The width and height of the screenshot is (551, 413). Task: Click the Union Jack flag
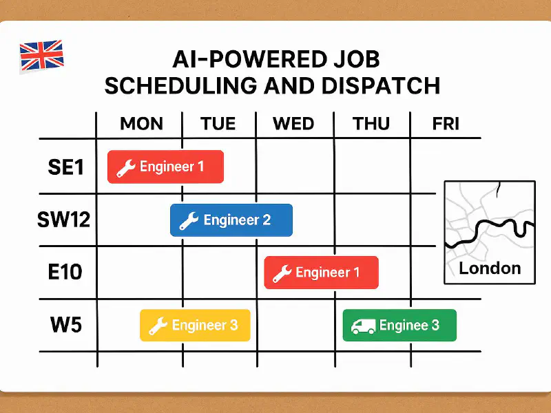coord(41,55)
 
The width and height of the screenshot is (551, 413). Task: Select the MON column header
coord(141,124)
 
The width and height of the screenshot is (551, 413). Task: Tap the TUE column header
coord(218,124)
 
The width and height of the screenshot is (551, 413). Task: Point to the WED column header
coord(294,124)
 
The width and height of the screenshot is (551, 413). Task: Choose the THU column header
coord(372,124)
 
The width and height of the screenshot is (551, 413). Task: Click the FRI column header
coord(446,124)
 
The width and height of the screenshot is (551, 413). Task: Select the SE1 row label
coord(65,167)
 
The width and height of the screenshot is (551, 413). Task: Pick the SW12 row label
coord(63,220)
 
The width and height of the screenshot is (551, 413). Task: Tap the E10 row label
coord(65,271)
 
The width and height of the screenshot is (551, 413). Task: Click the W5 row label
coord(65,324)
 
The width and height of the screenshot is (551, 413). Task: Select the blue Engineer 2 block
coord(231,220)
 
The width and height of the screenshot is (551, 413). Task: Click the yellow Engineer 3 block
coord(195,326)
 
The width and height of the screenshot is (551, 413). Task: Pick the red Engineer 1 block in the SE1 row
coord(165,167)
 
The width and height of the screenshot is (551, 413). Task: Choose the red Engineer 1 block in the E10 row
coord(322,273)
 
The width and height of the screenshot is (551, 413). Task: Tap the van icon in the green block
coord(363,326)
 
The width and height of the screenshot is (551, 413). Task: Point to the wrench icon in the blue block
coord(189,221)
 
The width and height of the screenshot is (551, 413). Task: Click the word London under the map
coord(490,268)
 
